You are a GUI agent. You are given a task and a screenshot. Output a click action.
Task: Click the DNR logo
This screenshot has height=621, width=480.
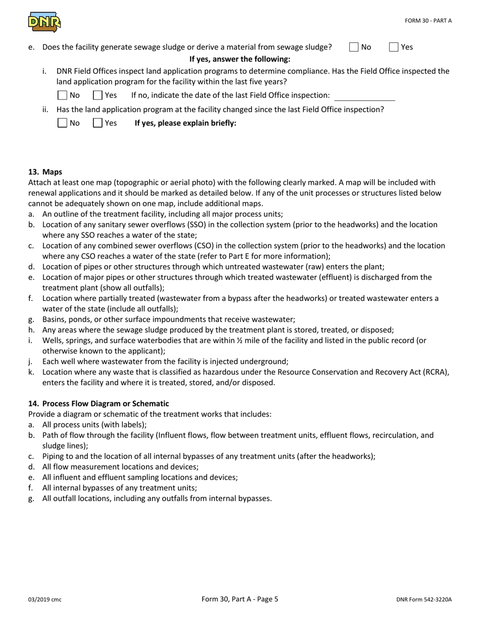(x=44, y=22)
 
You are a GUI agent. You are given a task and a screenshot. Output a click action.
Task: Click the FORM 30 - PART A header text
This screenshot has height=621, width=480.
(x=428, y=21)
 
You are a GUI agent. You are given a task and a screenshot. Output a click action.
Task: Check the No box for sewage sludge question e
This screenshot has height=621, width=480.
(x=354, y=47)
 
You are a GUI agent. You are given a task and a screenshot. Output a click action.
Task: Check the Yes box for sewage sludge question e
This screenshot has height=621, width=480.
(x=394, y=47)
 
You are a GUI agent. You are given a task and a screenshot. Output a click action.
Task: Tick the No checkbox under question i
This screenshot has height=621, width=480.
(x=62, y=95)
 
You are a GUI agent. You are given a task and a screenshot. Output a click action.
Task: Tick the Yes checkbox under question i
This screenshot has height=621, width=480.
(x=98, y=95)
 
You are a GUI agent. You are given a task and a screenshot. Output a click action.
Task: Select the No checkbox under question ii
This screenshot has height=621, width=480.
(x=62, y=123)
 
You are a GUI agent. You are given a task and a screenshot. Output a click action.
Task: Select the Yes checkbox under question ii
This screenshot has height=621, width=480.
(x=98, y=123)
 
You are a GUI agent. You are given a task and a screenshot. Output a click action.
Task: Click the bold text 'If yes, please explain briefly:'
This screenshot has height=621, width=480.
(x=185, y=123)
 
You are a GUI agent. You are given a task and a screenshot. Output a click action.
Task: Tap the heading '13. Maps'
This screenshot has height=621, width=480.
(x=45, y=172)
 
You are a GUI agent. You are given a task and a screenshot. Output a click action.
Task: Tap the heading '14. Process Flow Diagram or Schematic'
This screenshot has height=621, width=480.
(x=99, y=403)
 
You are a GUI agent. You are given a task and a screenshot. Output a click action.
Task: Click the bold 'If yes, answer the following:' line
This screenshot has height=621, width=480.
(x=239, y=59)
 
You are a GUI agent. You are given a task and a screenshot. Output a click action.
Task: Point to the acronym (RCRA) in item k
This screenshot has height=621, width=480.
(x=435, y=372)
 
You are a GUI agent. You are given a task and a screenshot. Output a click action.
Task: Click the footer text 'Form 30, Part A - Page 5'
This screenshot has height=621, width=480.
(x=239, y=599)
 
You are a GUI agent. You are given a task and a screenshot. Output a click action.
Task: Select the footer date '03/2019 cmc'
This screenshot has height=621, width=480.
(x=45, y=600)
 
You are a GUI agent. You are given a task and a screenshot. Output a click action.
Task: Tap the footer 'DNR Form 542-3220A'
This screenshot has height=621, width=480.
(x=424, y=600)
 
